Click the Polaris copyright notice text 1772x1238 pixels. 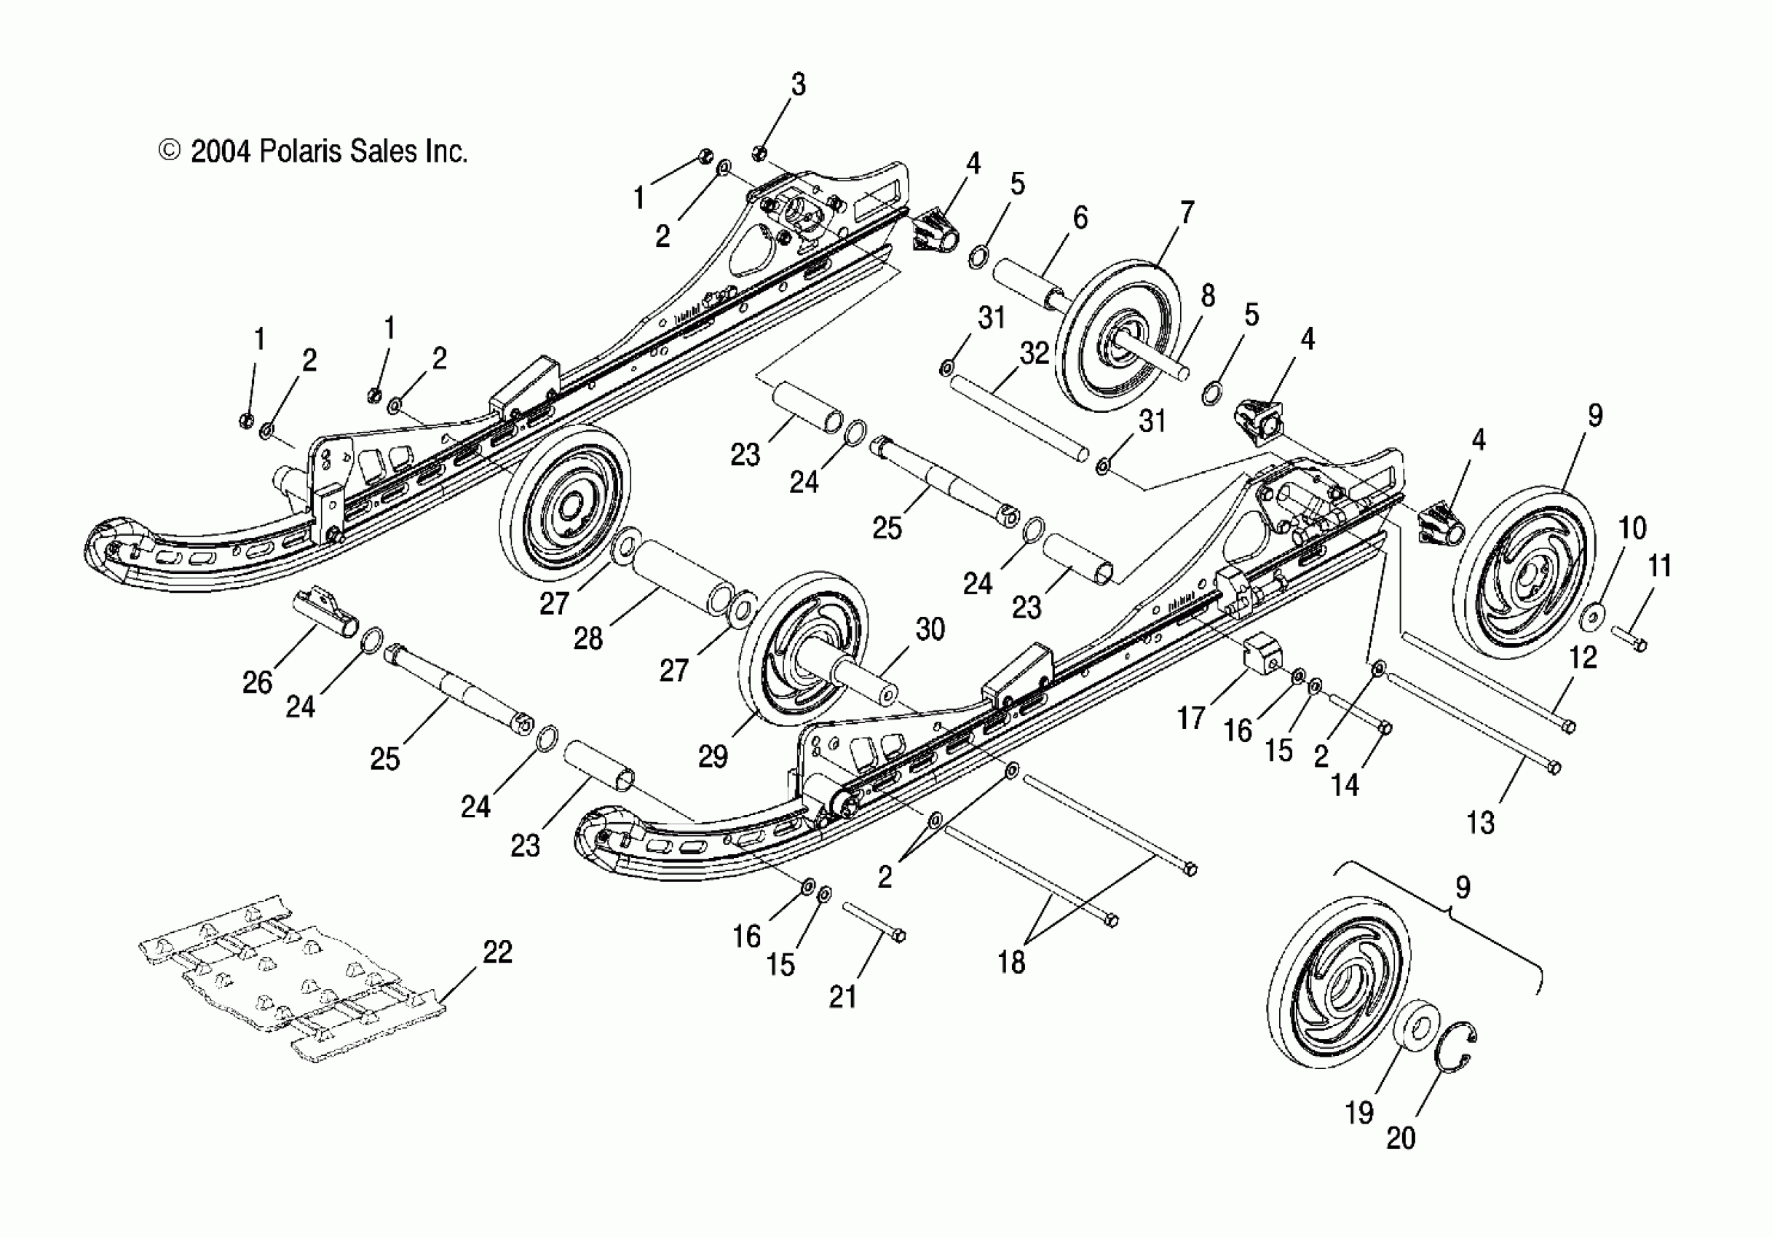(312, 151)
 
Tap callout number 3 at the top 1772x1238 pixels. (798, 84)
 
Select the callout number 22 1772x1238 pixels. (497, 952)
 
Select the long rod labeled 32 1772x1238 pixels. (1018, 417)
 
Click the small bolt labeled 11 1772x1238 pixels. (1629, 638)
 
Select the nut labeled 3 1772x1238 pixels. (759, 151)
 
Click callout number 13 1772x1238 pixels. (1479, 823)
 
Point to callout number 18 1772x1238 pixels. (1011, 962)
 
